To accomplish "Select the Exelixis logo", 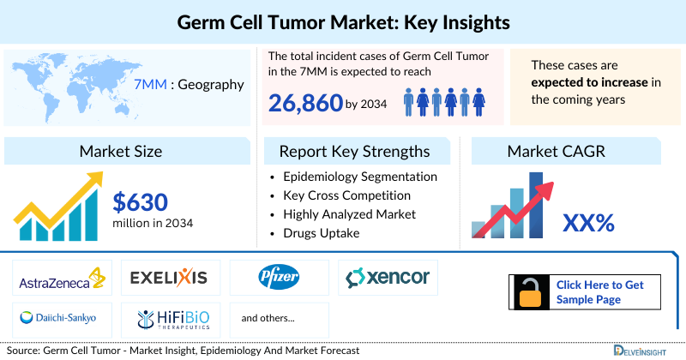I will point(169,277).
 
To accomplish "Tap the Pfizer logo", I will point(279,277).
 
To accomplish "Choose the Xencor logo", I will point(388,277).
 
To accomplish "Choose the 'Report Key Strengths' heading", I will point(354,152).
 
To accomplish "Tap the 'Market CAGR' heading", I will point(556,152).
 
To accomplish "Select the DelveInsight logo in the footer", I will point(638,350).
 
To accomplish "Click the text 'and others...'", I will point(268,318).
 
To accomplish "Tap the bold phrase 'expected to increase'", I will point(587,82).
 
